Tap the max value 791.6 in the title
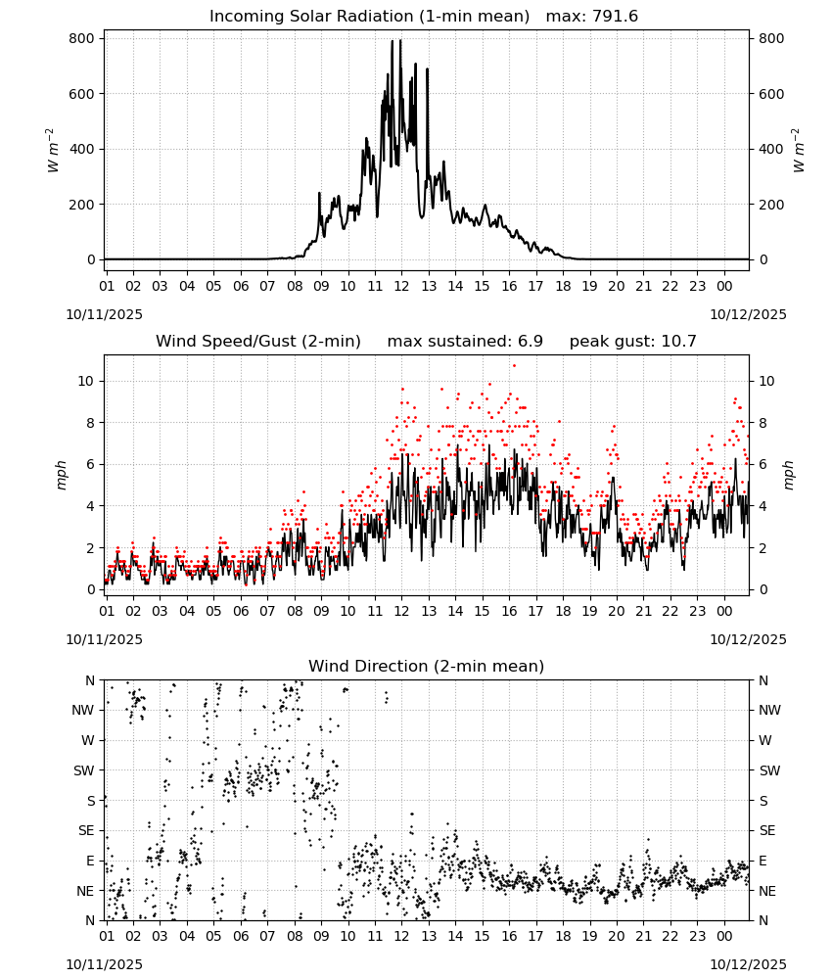(x=614, y=17)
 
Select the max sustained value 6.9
(x=530, y=342)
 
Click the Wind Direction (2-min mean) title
(x=427, y=666)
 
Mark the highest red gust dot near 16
(x=514, y=366)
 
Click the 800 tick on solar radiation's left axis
(x=82, y=39)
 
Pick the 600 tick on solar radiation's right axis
(x=771, y=94)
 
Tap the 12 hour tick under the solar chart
(x=401, y=286)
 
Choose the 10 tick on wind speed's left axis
(x=86, y=382)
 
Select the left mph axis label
(x=61, y=475)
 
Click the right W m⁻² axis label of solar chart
(x=799, y=151)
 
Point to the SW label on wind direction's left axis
(x=84, y=770)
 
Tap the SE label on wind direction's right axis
(x=767, y=830)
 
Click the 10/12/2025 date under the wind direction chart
(x=749, y=964)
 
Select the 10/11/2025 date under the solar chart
(x=104, y=314)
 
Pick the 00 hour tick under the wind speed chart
(x=724, y=611)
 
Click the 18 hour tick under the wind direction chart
(x=563, y=936)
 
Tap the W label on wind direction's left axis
(x=88, y=740)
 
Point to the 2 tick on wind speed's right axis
(x=763, y=548)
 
